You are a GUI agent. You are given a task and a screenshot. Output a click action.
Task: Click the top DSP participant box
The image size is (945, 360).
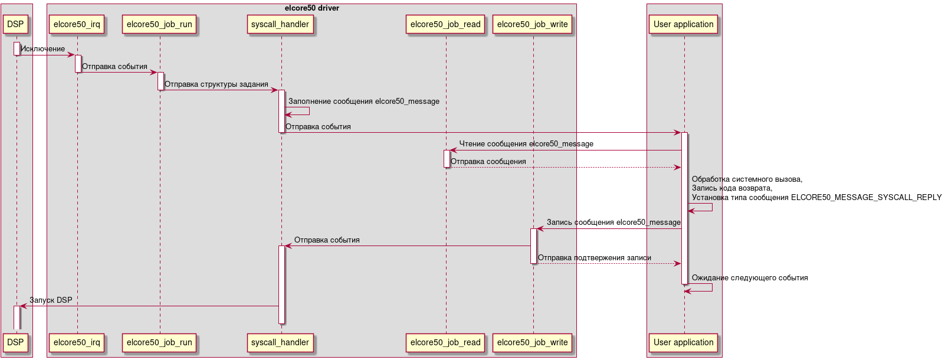click(15, 24)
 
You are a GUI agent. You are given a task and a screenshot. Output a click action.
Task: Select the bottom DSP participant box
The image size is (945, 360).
click(15, 342)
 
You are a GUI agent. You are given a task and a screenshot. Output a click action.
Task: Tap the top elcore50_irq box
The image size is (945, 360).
click(77, 24)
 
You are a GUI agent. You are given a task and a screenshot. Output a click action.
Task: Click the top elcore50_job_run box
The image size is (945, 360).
click(159, 24)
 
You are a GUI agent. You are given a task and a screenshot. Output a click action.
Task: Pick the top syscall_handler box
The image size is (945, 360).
click(280, 24)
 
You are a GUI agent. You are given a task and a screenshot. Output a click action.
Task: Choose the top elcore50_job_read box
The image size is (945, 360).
click(445, 24)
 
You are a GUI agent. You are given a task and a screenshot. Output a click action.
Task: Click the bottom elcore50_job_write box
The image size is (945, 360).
click(532, 342)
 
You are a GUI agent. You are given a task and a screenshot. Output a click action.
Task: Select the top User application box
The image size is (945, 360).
click(683, 24)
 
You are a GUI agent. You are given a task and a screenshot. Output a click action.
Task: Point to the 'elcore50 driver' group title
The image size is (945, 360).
click(311, 8)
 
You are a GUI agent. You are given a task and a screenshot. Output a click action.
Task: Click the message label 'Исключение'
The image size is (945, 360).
click(43, 49)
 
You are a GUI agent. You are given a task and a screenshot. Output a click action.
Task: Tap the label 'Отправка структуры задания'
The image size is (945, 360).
click(216, 84)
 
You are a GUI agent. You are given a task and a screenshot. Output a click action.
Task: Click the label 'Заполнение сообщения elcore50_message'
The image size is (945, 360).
click(363, 102)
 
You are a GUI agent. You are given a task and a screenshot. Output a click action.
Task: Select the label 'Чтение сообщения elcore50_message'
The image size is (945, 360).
click(526, 144)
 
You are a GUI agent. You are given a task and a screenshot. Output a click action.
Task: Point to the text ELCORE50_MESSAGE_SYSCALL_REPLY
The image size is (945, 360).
click(866, 198)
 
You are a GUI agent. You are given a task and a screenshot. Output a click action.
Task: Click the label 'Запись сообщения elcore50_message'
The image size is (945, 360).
click(613, 222)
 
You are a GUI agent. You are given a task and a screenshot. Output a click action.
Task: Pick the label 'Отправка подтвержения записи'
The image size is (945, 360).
click(594, 258)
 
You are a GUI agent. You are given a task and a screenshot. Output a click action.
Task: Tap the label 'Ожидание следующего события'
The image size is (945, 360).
click(749, 278)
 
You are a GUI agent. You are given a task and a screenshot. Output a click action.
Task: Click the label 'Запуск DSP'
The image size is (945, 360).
click(51, 300)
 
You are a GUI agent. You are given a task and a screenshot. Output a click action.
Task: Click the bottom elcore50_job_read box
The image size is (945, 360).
click(445, 342)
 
